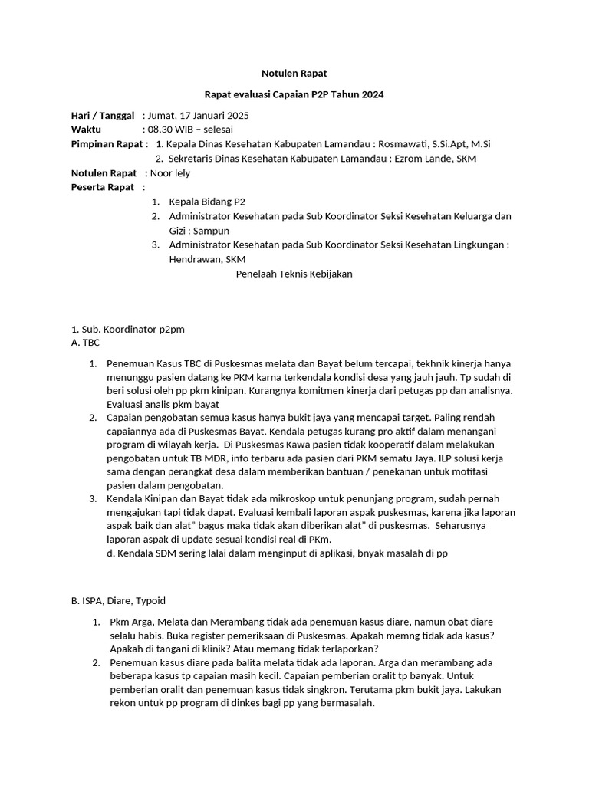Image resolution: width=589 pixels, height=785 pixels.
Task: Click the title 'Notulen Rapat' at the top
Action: (x=294, y=73)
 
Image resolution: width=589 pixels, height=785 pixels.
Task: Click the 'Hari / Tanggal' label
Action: (x=103, y=116)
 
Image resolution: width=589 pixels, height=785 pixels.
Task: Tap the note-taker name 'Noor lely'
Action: (x=170, y=173)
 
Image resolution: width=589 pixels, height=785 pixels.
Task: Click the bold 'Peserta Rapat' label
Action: (x=103, y=187)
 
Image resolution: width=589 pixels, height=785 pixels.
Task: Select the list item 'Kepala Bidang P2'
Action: (x=207, y=202)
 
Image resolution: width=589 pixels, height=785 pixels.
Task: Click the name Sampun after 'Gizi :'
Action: (x=211, y=230)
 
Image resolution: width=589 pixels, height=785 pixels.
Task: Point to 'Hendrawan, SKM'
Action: (x=202, y=259)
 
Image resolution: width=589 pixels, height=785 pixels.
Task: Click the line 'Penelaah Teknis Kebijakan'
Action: (x=294, y=274)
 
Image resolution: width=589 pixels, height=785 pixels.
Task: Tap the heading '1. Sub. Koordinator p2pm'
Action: (x=127, y=329)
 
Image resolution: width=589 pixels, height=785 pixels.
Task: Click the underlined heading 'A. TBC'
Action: (x=85, y=343)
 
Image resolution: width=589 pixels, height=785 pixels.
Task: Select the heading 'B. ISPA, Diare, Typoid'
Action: (x=118, y=600)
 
